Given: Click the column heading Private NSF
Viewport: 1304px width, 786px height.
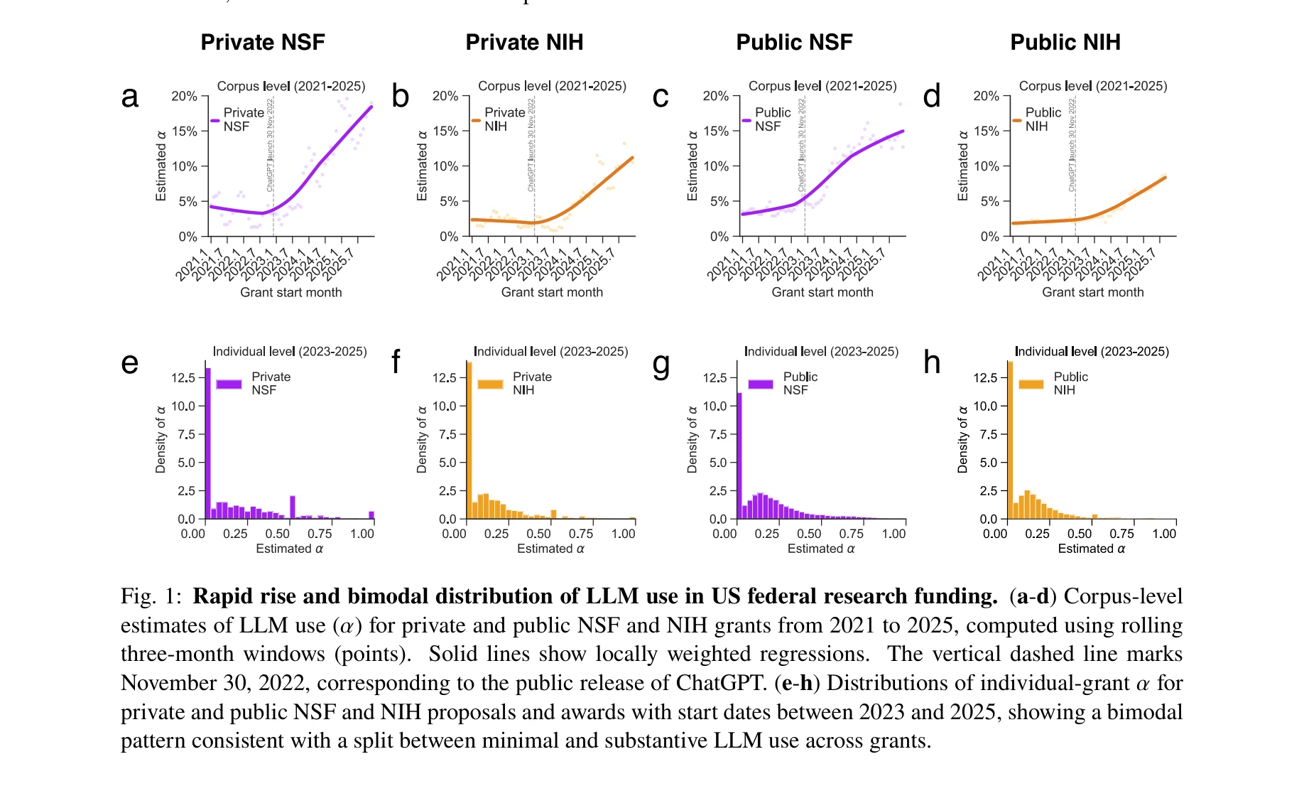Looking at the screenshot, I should [263, 42].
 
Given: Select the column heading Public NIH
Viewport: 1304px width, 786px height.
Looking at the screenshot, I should [1065, 42].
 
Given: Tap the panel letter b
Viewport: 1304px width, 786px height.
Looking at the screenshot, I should [401, 97].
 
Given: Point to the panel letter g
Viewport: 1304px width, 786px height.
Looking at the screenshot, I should [661, 364].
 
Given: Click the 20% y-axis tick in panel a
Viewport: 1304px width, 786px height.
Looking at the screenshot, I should [184, 96].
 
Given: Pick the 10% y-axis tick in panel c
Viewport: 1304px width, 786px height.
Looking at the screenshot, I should [716, 166].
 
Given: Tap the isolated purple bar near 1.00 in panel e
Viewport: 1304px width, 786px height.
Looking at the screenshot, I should [371, 515].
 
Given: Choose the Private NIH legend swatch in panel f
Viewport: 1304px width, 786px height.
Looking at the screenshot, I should [490, 384].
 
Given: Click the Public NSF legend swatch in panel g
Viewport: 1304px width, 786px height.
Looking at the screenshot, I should [761, 384].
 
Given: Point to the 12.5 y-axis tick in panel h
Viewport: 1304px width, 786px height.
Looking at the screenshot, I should [985, 377].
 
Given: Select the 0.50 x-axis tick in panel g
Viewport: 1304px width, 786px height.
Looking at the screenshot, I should [809, 534].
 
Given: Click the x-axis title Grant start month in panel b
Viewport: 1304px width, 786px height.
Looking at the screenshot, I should [552, 292].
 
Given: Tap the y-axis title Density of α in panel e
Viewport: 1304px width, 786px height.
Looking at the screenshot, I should [161, 439].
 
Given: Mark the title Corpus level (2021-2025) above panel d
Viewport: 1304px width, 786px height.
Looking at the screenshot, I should [1093, 86].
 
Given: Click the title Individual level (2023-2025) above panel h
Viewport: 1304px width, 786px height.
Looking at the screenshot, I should [1092, 351].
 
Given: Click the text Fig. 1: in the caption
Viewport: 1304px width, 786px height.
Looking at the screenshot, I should [151, 596].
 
